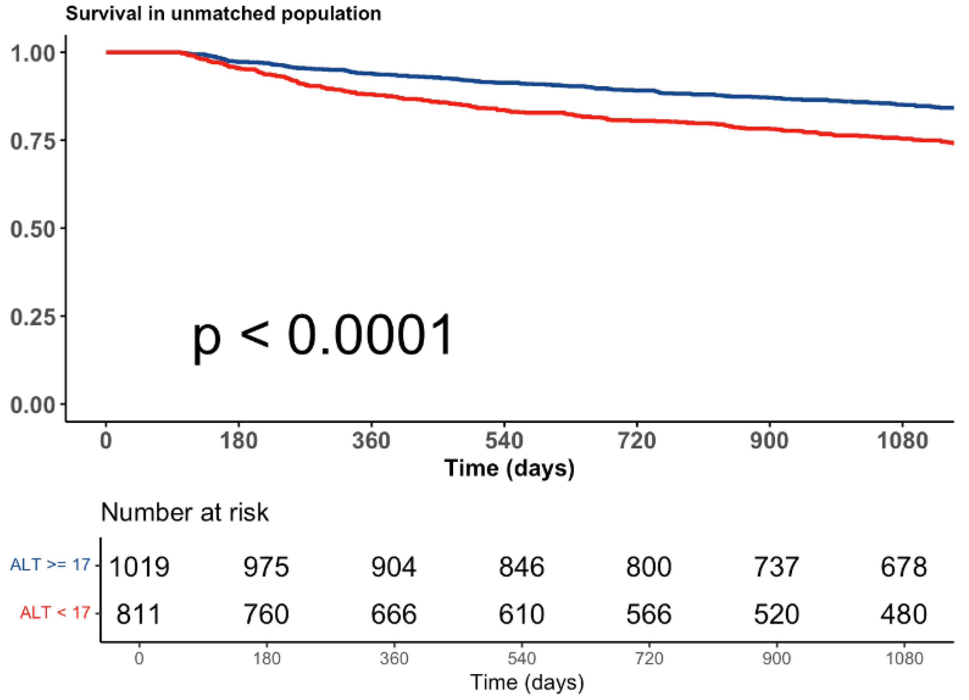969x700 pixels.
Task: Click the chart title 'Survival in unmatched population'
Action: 223,14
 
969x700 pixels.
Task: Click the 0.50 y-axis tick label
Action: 33,229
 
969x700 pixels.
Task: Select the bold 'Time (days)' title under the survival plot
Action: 509,468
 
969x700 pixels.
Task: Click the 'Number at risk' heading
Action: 185,512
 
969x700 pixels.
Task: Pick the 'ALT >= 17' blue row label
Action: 51,565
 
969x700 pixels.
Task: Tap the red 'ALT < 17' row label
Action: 55,613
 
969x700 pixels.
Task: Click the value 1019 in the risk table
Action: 139,567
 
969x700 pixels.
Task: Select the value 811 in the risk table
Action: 138,614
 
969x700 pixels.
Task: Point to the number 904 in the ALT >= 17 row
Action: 393,567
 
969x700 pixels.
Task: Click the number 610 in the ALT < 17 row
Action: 521,614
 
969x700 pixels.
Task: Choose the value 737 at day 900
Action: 776,567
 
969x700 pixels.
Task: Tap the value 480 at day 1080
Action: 903,614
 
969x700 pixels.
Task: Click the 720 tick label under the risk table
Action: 649,658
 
